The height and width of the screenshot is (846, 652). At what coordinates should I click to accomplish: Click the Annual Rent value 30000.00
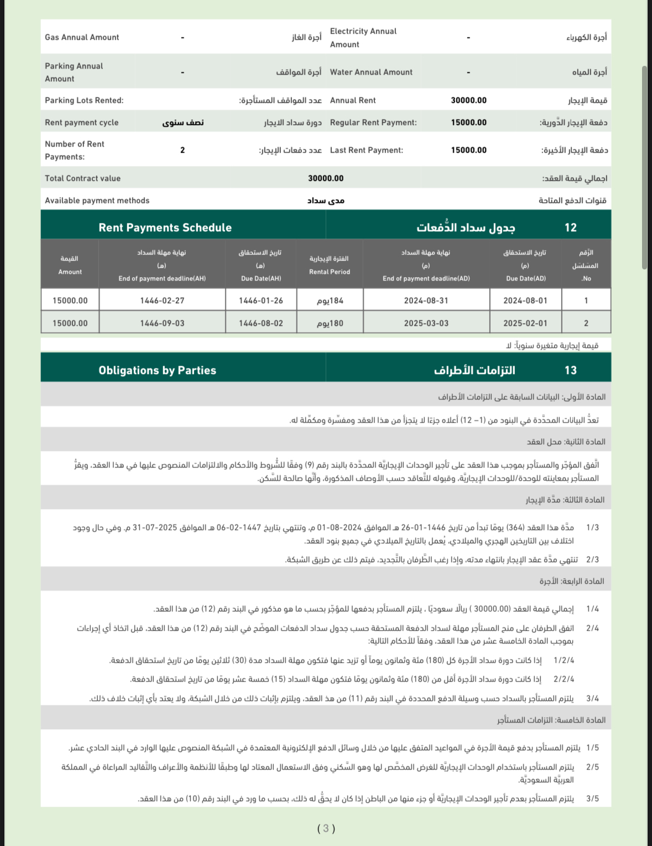(x=468, y=100)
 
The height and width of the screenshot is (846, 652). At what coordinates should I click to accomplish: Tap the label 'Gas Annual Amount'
(x=82, y=37)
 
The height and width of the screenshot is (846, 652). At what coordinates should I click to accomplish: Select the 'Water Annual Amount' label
(x=371, y=72)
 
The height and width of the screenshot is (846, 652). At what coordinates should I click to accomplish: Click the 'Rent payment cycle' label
(x=81, y=122)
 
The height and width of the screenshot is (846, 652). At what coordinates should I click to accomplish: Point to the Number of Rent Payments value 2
(x=182, y=150)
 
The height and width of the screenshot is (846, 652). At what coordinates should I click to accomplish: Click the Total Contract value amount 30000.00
(x=326, y=178)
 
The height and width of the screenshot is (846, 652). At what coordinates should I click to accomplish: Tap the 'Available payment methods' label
(x=97, y=200)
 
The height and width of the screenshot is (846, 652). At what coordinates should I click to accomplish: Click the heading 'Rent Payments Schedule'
(x=165, y=227)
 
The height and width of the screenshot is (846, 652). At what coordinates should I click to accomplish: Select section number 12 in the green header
(x=570, y=227)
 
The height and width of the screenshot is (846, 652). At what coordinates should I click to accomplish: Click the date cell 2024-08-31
(x=426, y=300)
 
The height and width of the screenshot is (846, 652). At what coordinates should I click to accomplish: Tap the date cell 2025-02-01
(x=525, y=323)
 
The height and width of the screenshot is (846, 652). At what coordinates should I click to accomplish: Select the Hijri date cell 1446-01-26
(x=260, y=300)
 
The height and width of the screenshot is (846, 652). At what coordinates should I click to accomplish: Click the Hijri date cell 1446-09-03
(x=162, y=323)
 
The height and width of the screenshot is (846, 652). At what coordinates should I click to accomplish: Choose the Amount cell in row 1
(x=70, y=300)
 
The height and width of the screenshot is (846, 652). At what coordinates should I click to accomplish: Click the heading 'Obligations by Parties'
(x=157, y=370)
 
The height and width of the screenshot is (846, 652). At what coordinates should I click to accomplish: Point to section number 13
(x=570, y=370)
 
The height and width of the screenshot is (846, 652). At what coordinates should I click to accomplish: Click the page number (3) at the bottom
(x=326, y=828)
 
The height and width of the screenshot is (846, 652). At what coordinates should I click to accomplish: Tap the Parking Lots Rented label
(x=84, y=100)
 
